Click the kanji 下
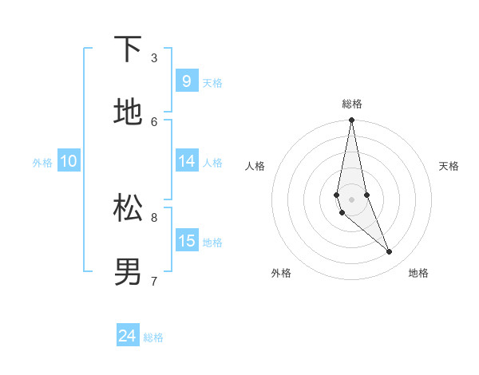(128, 49)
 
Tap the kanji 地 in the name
(128, 112)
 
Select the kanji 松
(128, 208)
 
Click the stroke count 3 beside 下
(154, 57)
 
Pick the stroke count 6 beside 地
(154, 121)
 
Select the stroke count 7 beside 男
(154, 281)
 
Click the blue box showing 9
(186, 81)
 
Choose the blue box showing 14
(186, 161)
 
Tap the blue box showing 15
(186, 241)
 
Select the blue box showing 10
(69, 161)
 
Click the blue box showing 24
(127, 336)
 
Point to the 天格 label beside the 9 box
(212, 83)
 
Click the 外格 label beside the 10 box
(42, 163)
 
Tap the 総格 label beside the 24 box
(153, 337)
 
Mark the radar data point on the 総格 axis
(351, 120)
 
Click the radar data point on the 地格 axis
(390, 252)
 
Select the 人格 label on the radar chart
(255, 166)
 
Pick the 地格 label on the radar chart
(418, 273)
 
